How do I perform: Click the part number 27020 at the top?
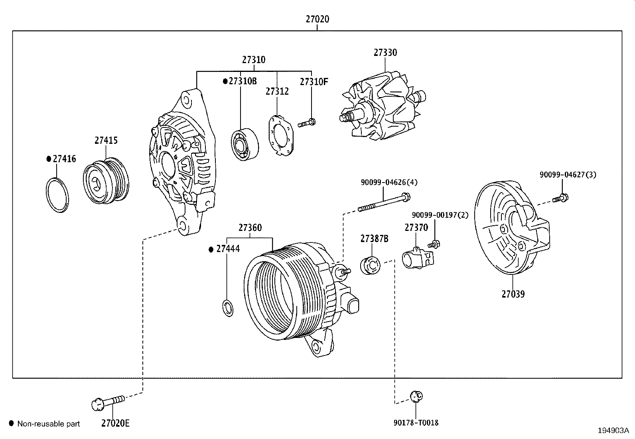coord(317,19)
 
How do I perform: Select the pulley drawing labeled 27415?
coord(106,180)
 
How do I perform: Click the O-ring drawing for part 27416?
coord(57,195)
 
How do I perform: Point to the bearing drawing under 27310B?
coord(244,145)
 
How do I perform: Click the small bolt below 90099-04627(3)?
coord(561,197)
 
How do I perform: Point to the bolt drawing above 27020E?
coord(108,401)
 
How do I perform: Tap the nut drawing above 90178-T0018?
coord(416,396)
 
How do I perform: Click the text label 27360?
coord(250,228)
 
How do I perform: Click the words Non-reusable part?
coord(49,424)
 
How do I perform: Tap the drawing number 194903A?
coord(613,430)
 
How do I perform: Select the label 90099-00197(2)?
coord(440,215)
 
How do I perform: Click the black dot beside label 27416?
coord(49,159)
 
